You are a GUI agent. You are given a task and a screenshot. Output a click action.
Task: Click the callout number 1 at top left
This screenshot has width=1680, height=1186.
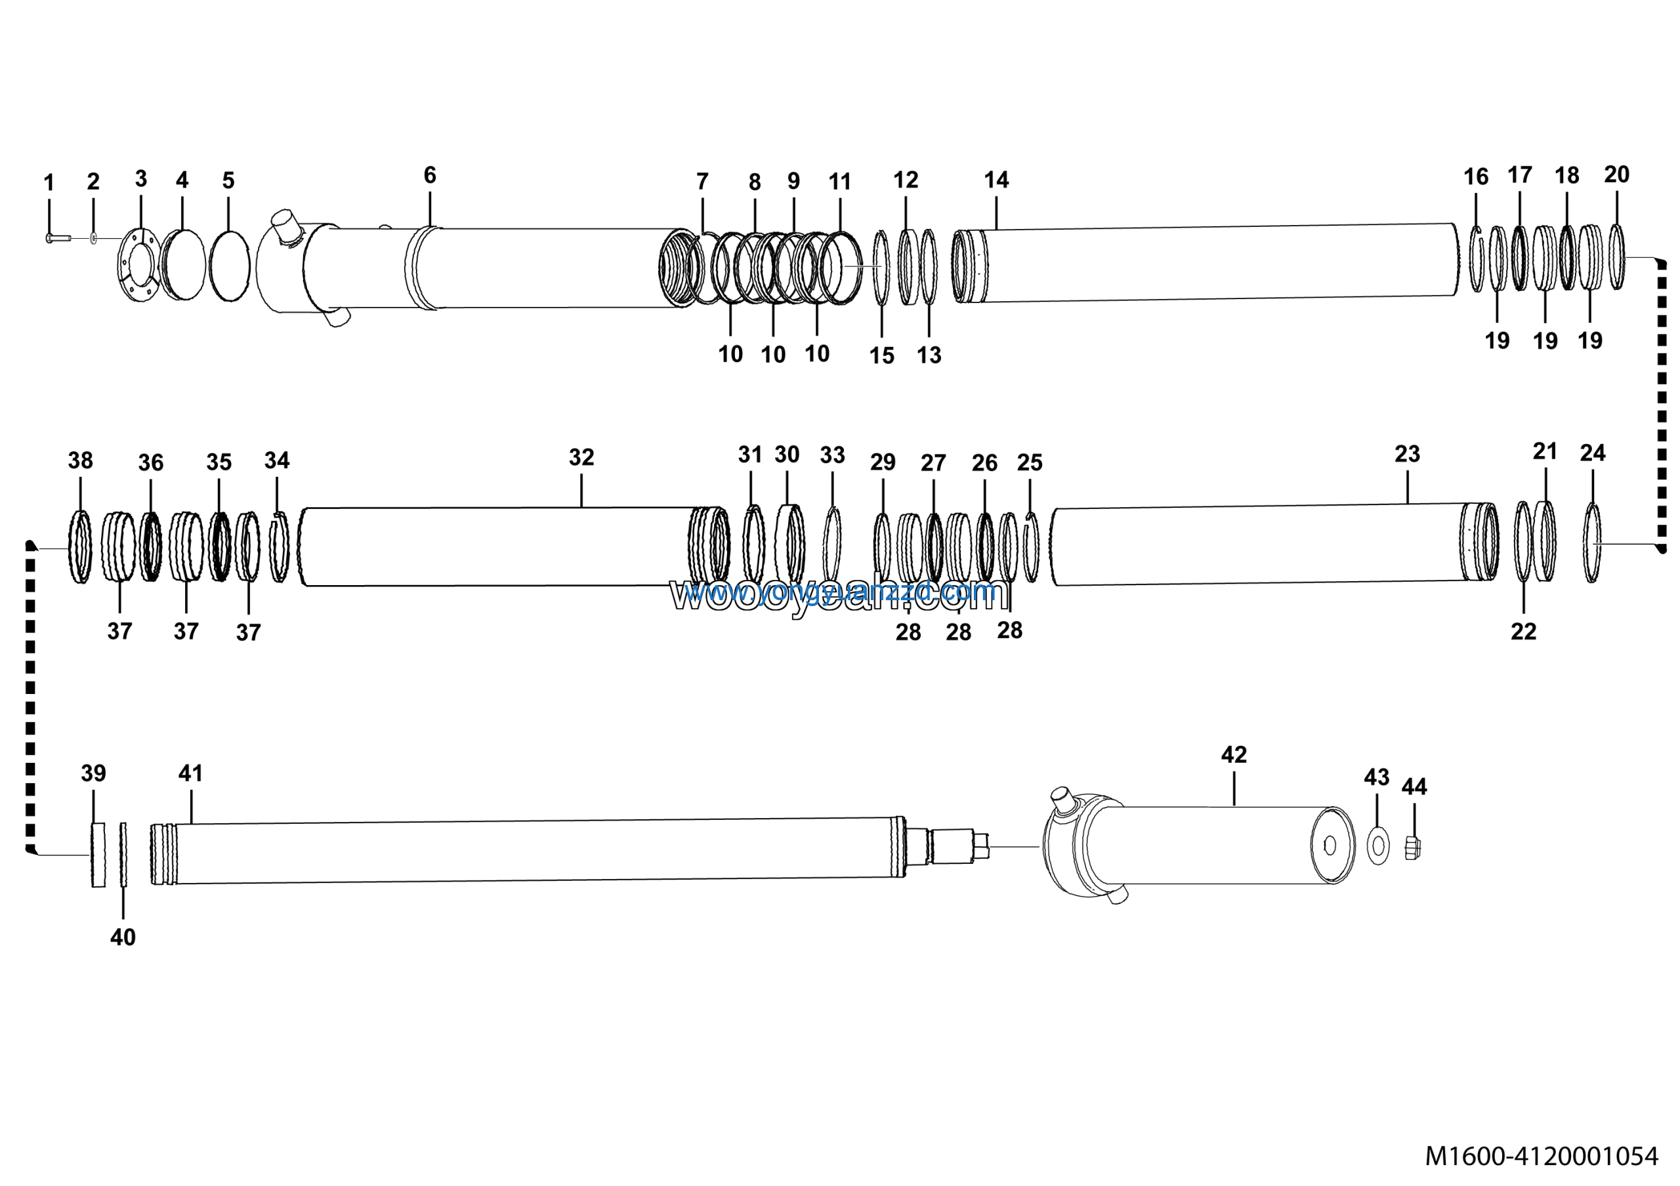coord(49,182)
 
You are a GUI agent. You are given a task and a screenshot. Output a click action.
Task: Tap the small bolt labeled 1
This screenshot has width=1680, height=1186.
coord(57,238)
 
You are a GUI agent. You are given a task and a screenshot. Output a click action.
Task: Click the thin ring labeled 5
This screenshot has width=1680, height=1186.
coord(229,266)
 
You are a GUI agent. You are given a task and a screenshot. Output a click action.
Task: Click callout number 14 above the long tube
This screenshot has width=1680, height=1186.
coord(996,180)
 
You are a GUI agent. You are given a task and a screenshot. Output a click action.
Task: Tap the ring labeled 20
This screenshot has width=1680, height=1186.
coord(1616,257)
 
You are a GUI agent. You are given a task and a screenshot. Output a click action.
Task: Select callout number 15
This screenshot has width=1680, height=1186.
coord(882,356)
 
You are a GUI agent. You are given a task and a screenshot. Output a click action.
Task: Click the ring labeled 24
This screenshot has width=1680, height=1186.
coord(1592,543)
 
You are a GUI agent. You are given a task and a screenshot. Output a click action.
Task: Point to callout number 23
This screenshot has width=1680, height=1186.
coord(1407,454)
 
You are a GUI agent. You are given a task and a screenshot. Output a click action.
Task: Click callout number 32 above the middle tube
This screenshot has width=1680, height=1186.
coord(581,457)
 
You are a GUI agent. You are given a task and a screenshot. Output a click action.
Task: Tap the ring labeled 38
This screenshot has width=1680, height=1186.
coord(80,547)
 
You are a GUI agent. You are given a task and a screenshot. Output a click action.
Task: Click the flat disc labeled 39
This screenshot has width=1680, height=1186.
coord(98,855)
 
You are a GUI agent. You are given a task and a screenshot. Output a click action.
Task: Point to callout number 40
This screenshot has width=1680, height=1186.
coord(123,937)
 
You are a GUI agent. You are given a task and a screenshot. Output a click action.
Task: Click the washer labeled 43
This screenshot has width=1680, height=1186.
coord(1378,847)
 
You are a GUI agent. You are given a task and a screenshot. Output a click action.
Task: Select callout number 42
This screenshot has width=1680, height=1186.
coord(1234,754)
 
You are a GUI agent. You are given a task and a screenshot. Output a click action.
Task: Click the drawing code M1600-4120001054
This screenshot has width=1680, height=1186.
coord(1541,1156)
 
